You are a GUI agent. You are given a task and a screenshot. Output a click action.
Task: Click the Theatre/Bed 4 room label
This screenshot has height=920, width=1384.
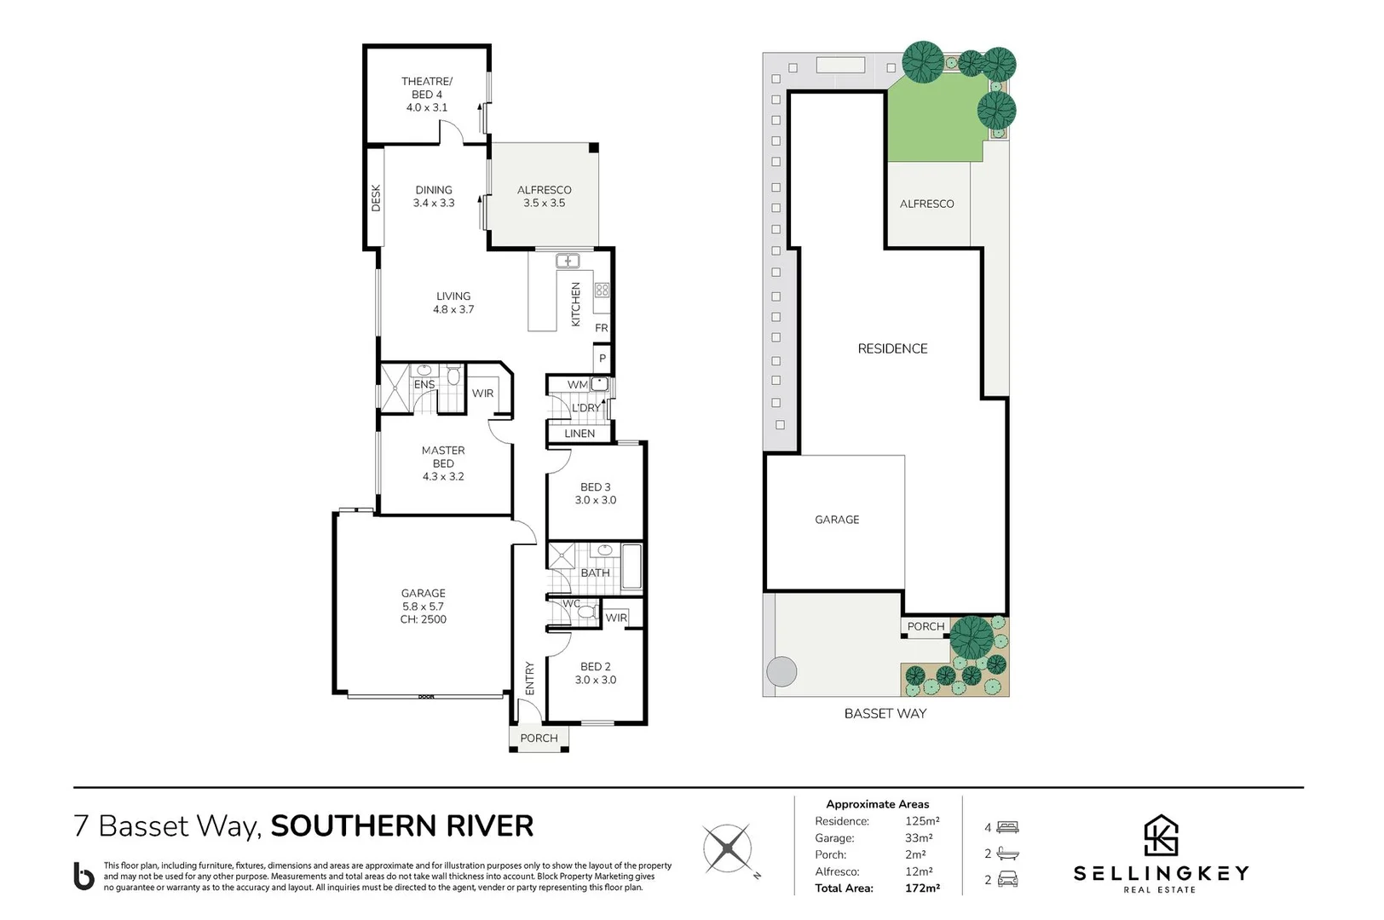[427, 95]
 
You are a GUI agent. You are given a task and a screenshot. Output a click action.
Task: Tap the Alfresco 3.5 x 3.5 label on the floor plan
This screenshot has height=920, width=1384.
[544, 197]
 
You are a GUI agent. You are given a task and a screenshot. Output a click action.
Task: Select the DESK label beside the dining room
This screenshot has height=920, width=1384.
[376, 198]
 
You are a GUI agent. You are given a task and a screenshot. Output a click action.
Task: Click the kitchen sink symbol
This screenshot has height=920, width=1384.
[568, 261]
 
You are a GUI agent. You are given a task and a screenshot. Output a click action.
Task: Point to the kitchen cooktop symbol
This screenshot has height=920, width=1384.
[602, 290]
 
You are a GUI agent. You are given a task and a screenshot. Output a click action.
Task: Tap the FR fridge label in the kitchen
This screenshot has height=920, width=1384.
[602, 328]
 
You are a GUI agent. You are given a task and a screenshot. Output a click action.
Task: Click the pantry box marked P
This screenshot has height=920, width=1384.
[603, 358]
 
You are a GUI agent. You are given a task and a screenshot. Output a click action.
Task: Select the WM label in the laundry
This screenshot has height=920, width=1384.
[577, 385]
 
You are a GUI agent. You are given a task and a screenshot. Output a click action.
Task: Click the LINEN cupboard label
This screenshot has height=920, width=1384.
[580, 434]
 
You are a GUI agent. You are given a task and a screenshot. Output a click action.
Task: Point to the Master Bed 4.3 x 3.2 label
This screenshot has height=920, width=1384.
[443, 463]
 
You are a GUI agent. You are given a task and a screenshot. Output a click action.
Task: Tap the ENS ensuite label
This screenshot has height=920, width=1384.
[424, 385]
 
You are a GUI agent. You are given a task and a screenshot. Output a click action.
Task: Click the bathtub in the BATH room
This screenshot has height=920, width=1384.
[631, 567]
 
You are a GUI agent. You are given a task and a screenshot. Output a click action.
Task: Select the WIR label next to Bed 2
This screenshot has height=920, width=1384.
[616, 618]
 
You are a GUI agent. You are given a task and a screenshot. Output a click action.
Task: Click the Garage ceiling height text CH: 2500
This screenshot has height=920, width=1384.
[424, 619]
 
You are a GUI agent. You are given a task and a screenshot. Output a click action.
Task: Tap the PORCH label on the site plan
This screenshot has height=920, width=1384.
[926, 626]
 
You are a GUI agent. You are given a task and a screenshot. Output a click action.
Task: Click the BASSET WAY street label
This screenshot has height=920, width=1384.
[885, 714]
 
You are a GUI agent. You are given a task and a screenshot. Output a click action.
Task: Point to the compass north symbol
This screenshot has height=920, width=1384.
[729, 849]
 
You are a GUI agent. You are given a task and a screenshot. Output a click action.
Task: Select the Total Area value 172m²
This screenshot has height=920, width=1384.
[922, 888]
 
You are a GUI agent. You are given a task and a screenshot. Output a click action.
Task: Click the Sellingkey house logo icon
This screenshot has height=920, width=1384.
[1160, 836]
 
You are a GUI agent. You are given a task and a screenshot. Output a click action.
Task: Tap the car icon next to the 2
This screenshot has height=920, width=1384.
[1007, 879]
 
